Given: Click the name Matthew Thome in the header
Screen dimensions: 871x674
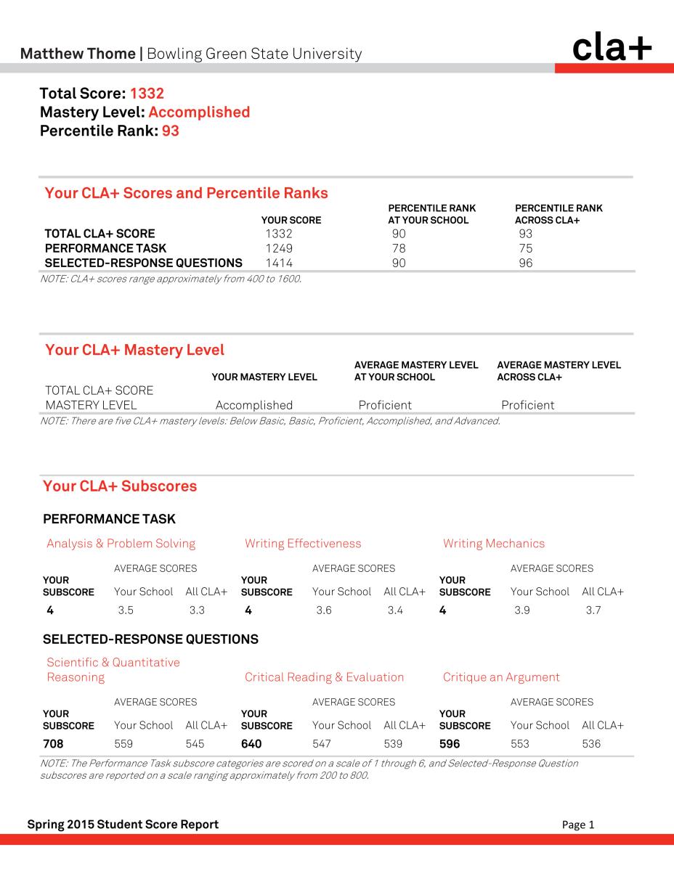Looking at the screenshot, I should pos(78,54).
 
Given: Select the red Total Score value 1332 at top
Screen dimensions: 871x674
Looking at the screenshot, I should pos(147,94).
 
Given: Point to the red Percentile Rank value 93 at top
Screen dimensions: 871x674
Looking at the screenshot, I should pos(170,131).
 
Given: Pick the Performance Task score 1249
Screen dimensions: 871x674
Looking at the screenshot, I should pos(279,248).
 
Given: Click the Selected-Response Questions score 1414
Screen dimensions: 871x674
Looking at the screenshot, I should pos(279,263).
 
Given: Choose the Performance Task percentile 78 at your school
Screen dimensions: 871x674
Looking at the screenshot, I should pos(398,248).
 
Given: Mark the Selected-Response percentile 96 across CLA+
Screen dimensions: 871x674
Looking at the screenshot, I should pos(525,263).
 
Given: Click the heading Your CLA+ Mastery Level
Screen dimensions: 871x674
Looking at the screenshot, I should pos(134,350).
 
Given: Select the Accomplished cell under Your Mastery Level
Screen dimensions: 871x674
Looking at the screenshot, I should pos(254,405).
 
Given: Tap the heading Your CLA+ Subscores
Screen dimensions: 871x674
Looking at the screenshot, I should pos(120,486).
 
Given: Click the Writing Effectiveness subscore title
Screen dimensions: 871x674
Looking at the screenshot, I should pos(303,544).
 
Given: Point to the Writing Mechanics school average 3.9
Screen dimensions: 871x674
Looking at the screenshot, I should pos(521,610).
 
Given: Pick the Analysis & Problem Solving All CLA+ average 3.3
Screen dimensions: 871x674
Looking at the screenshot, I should pos(197,610).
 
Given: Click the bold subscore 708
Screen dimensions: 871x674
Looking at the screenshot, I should pos(53,744).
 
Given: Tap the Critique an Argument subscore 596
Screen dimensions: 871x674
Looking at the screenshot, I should pos(450,744).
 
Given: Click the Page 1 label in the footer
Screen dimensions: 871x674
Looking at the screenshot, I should pos(578,825).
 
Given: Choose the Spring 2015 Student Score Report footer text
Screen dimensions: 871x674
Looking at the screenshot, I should pos(123,824).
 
